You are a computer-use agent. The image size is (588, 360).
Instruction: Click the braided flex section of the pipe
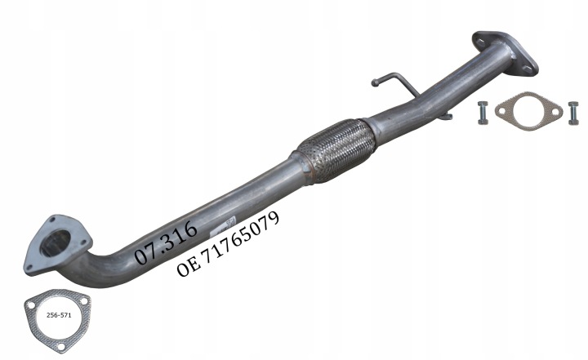pyautogui.click(x=336, y=150)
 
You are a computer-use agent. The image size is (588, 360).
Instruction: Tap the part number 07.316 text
pyautogui.click(x=166, y=242)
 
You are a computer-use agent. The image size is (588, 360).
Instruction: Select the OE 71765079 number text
pyautogui.click(x=228, y=244)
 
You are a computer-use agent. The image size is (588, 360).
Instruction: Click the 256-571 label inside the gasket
pyautogui.click(x=59, y=315)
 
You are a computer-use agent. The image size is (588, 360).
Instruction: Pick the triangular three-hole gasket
pyautogui.click(x=57, y=321)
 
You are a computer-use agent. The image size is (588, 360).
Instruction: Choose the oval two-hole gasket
pyautogui.click(x=528, y=111)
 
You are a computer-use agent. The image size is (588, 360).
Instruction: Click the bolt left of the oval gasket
pyautogui.click(x=483, y=113)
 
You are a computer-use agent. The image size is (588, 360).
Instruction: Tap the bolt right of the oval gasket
pyautogui.click(x=573, y=113)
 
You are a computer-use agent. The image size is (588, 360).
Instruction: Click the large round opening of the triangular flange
pyautogui.click(x=55, y=243)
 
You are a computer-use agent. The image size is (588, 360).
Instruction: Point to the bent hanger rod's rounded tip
pyautogui.click(x=375, y=82)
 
